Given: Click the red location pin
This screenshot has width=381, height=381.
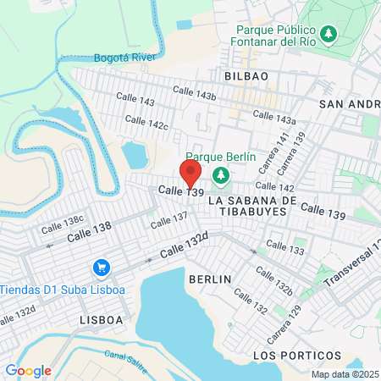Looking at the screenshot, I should pyautogui.click(x=190, y=171).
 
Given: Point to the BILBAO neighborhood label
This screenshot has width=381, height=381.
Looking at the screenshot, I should pyautogui.click(x=246, y=76).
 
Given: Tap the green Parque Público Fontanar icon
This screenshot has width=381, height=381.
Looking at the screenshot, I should pyautogui.click(x=325, y=35).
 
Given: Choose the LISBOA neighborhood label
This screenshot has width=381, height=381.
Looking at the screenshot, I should pyautogui.click(x=101, y=320).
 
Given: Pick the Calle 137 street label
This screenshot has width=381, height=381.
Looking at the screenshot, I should pyautogui.click(x=168, y=221).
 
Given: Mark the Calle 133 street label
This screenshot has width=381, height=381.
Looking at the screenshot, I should pyautogui.click(x=284, y=249).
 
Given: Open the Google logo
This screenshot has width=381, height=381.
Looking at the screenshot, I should pyautogui.click(x=28, y=370).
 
